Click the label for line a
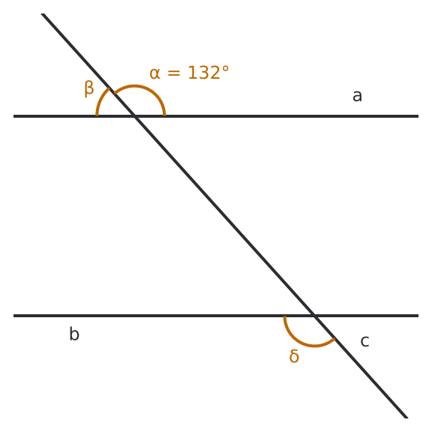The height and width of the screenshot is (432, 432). (357, 96)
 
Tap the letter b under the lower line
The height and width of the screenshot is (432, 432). (74, 334)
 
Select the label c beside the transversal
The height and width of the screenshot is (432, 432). (364, 341)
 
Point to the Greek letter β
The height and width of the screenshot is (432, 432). (89, 88)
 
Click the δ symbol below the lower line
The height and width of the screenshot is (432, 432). (294, 356)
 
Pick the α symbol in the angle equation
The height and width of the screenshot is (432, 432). (154, 73)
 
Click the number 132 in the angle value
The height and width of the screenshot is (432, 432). (204, 73)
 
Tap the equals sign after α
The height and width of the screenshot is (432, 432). (174, 73)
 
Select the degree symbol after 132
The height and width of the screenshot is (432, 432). (225, 69)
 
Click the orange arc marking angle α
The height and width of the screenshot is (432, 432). (134, 86)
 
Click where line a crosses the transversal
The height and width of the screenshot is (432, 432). (135, 116)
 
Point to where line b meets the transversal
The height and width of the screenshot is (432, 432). (313, 316)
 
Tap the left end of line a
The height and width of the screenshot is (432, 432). (13, 116)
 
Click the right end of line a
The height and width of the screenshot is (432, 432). (418, 116)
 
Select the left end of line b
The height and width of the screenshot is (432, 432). (13, 316)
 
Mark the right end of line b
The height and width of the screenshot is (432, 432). (418, 316)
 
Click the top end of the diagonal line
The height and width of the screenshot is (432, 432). (43, 13)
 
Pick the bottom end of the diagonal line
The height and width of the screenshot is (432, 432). (406, 418)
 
